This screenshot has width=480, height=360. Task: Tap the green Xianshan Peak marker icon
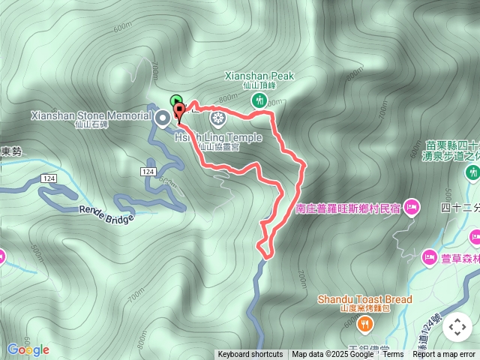click(x=259, y=99)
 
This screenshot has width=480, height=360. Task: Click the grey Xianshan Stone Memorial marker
click(x=163, y=118)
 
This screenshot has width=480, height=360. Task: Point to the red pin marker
click(x=179, y=113)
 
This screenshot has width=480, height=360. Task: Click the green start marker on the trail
click(x=175, y=100)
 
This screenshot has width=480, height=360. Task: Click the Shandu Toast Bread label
click(x=364, y=299)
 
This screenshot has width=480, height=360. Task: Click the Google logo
click(x=28, y=349)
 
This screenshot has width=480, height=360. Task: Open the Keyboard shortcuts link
click(x=250, y=355)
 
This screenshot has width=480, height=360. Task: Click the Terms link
click(x=393, y=355)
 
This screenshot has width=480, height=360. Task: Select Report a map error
click(x=445, y=355)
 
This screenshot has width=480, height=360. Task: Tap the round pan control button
click(x=457, y=328)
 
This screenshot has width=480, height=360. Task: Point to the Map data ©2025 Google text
click(x=332, y=355)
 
